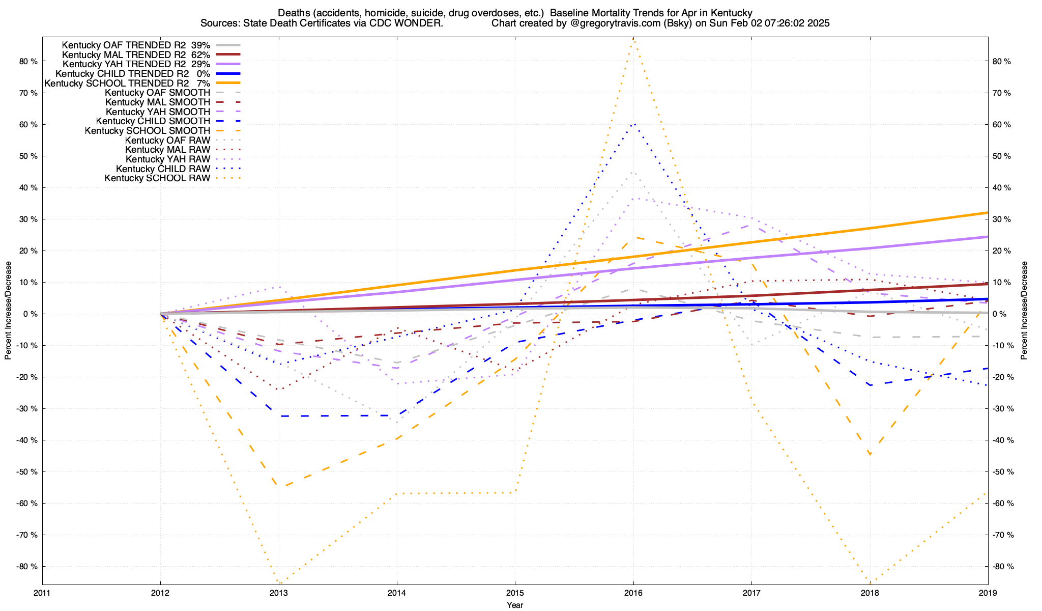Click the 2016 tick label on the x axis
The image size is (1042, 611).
(x=633, y=593)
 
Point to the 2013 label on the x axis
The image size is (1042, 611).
(x=278, y=593)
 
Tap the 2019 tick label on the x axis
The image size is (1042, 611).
(x=988, y=593)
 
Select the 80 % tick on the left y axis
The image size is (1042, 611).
(x=28, y=62)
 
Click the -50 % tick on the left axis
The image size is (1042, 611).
(x=27, y=472)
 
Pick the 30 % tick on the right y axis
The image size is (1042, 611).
(x=1002, y=219)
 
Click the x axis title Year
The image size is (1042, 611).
(x=515, y=605)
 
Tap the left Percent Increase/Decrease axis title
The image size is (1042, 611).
(x=8, y=311)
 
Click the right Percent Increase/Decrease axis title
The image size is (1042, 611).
(x=1024, y=311)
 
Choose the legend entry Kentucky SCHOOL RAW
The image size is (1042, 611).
(x=157, y=178)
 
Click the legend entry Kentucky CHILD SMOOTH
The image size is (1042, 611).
(x=153, y=121)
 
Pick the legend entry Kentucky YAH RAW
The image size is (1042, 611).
(x=167, y=159)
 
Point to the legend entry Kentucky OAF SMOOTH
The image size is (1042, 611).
(x=157, y=93)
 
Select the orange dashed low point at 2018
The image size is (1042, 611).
(x=870, y=454)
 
